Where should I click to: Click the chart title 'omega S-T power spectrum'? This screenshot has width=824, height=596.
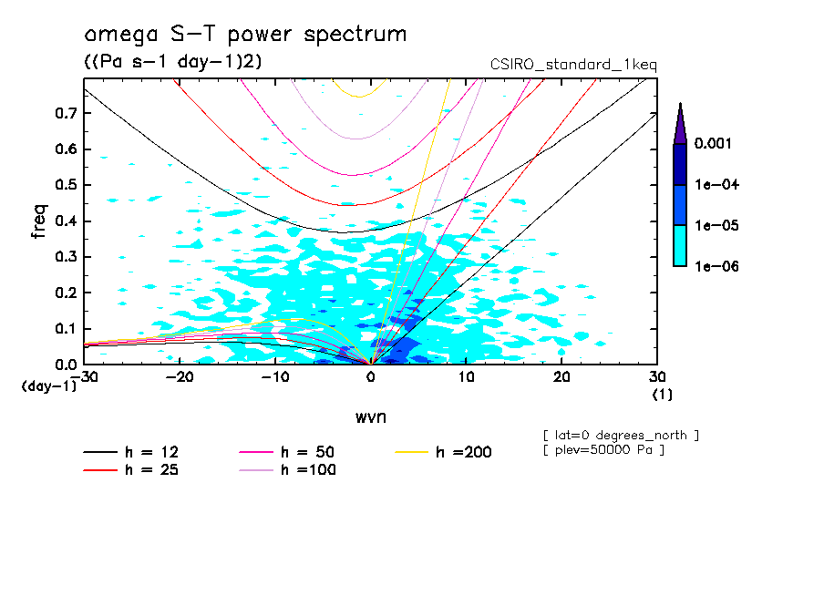click(x=244, y=35)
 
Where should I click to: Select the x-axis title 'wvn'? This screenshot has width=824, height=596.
click(x=370, y=417)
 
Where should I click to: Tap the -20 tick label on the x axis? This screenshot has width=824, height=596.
click(x=180, y=377)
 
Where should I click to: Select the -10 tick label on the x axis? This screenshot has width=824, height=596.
click(x=274, y=377)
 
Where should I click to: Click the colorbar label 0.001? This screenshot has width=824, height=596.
click(x=716, y=144)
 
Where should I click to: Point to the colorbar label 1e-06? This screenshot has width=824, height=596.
click(x=716, y=266)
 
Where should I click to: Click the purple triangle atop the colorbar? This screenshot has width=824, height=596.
click(x=680, y=124)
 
